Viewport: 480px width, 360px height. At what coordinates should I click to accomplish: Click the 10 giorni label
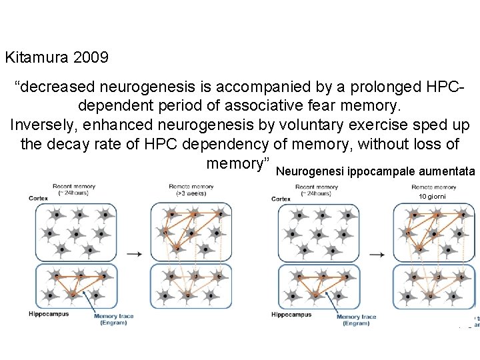[x=434, y=197]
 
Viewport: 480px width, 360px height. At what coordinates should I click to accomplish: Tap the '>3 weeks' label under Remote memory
[x=192, y=194]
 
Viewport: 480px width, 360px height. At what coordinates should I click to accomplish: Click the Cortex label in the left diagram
[x=39, y=198]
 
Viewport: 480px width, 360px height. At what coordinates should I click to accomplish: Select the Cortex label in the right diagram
[x=282, y=199]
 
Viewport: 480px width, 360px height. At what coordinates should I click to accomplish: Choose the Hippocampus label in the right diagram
[x=291, y=314]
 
